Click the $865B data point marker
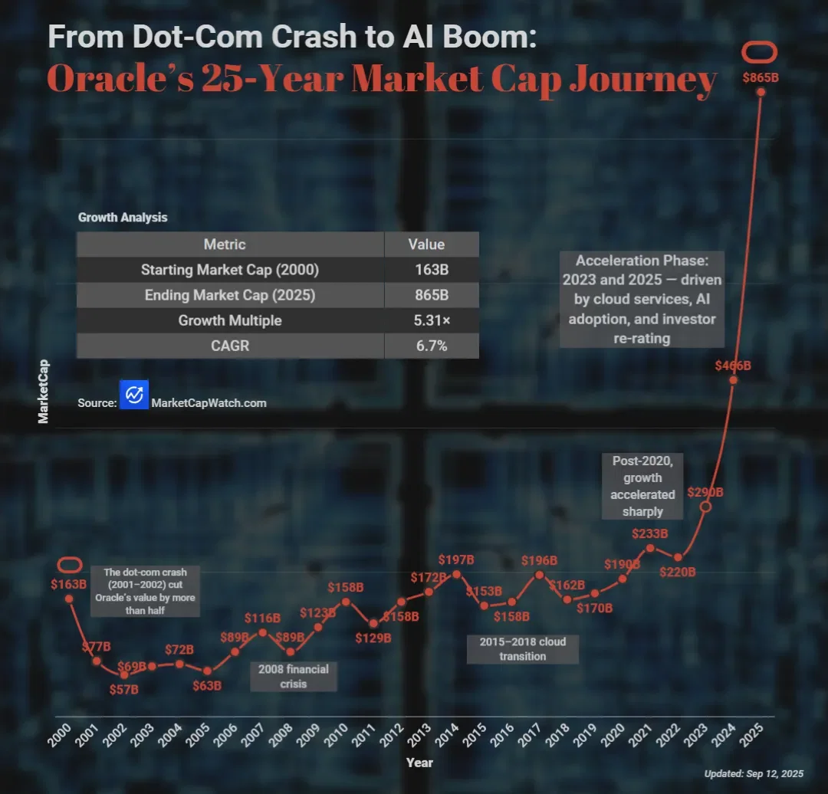(761, 92)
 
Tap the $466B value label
(732, 366)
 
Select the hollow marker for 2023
(706, 507)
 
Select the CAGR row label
(230, 346)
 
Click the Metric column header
(225, 244)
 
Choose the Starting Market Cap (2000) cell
(230, 270)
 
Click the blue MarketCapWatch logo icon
(134, 395)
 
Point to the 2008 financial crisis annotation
(294, 676)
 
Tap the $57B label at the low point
(124, 689)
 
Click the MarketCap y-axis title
(44, 391)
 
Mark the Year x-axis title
(419, 763)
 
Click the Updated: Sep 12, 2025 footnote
(754, 774)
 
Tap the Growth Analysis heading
(123, 218)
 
